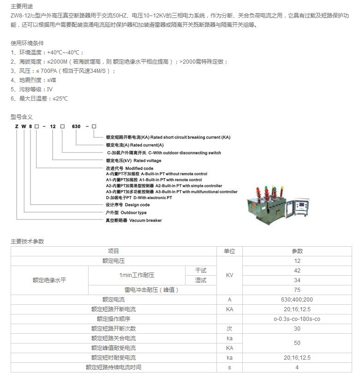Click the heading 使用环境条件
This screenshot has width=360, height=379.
tap(27, 43)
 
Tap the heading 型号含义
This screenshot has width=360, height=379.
tap(22, 117)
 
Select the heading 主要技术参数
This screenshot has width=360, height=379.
tap(27, 241)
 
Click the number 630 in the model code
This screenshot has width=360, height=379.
tap(76, 126)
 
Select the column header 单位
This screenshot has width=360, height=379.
tap(229, 251)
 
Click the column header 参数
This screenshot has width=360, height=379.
tap(297, 251)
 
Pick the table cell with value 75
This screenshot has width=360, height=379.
tap(297, 290)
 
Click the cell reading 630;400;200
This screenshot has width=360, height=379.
tap(297, 300)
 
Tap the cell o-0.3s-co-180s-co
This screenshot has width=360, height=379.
tap(297, 319)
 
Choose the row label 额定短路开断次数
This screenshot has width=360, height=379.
tap(114, 329)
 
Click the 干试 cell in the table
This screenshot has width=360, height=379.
tap(201, 271)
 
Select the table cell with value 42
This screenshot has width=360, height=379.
tap(297, 271)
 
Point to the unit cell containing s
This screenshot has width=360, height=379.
tap(229, 367)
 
